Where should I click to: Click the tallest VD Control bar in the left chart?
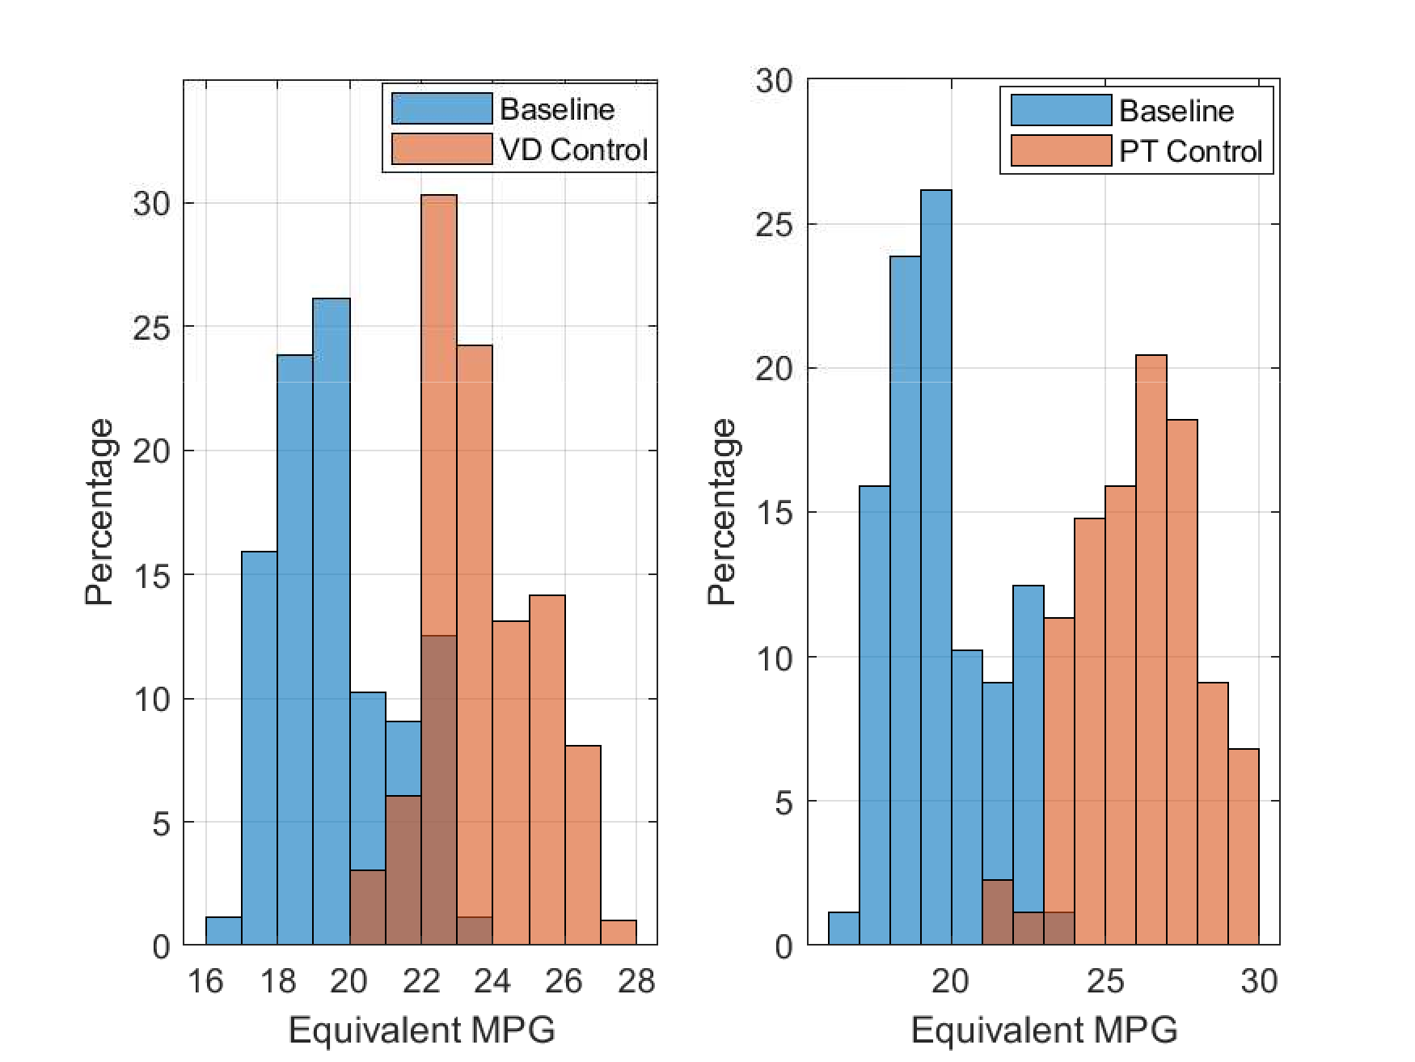point(439,404)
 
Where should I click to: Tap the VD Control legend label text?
point(574,150)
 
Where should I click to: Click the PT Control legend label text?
point(1190,152)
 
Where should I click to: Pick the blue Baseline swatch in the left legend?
point(441,109)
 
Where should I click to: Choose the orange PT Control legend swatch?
point(1061,151)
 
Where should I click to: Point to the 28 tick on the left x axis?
point(636,981)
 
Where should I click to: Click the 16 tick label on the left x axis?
point(205,981)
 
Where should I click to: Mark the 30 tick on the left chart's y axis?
point(152,204)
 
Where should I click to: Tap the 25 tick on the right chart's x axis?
point(1105,981)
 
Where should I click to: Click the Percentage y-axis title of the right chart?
point(722,512)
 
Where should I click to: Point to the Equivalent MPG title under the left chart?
point(421,1030)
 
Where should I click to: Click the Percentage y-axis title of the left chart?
point(99,512)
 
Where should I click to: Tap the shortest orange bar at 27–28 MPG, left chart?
point(619,933)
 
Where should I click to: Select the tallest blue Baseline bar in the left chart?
point(332,566)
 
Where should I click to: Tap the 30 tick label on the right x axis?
point(1259,981)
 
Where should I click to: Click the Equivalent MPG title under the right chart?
point(1044,1030)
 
